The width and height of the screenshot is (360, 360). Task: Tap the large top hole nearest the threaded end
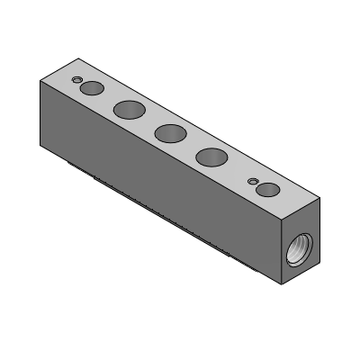[212, 158]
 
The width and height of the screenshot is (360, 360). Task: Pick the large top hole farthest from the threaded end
[130, 110]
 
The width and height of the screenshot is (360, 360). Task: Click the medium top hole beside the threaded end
[266, 188]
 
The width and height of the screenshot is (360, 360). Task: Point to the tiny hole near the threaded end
[255, 179]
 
